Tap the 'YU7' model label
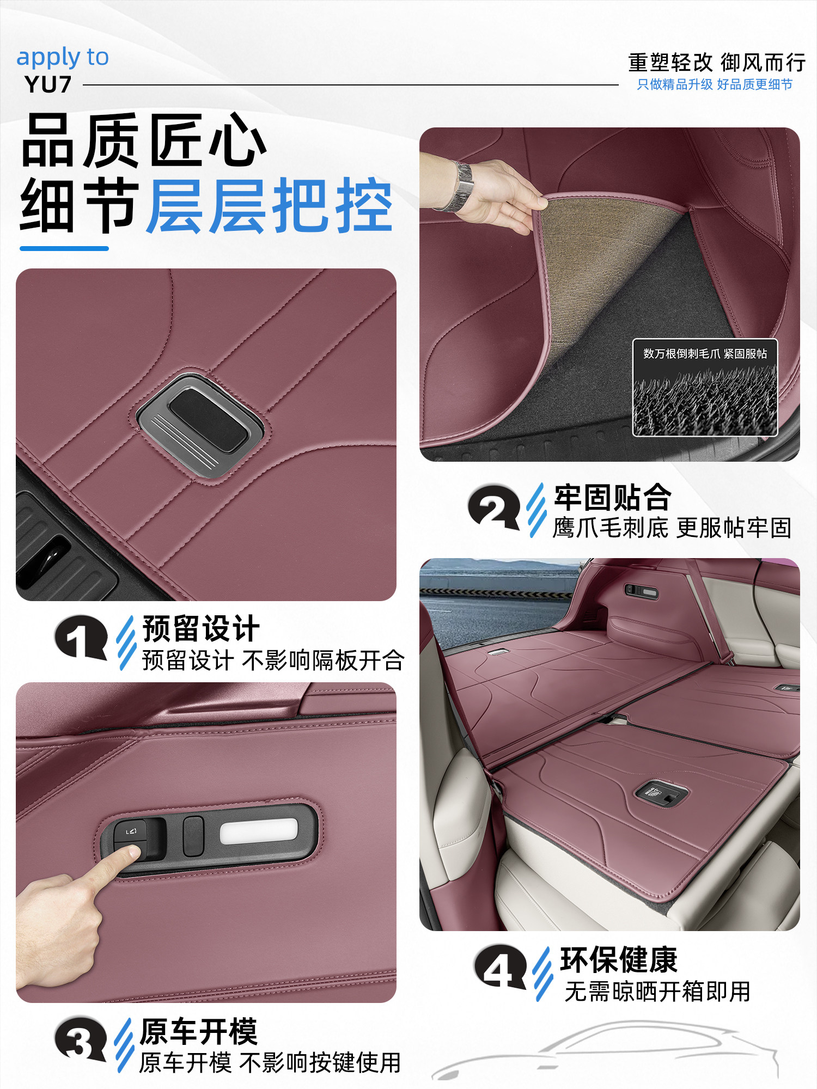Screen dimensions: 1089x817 pyautogui.click(x=48, y=85)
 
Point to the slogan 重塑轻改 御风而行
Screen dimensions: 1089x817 pyautogui.click(x=716, y=63)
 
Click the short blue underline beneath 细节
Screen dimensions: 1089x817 pyautogui.click(x=64, y=249)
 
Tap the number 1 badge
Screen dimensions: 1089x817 pyautogui.click(x=81, y=637)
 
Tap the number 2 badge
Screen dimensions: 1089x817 pyautogui.click(x=493, y=507)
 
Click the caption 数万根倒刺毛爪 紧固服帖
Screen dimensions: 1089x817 pyautogui.click(x=705, y=354)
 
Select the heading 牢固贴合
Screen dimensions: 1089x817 pyautogui.click(x=612, y=497)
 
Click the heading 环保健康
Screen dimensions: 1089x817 pyautogui.click(x=619, y=960)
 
